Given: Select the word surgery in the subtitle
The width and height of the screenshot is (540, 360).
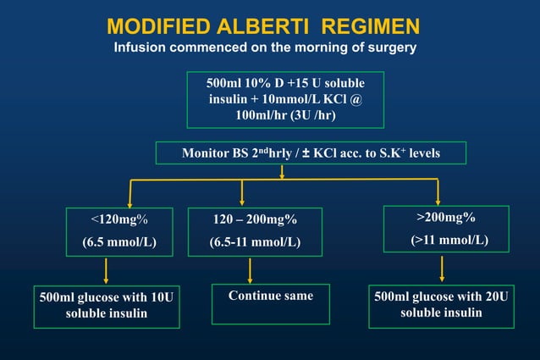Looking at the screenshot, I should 391,47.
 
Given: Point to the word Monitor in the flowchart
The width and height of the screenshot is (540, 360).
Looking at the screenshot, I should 205,153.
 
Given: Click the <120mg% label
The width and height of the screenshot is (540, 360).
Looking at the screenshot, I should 119,219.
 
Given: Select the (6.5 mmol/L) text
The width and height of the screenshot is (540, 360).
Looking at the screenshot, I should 119,241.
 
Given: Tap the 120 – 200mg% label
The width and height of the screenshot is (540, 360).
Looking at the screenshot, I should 255,219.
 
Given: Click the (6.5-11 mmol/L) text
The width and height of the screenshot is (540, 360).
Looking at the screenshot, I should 255,241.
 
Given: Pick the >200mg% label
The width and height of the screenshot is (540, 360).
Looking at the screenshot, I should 446,217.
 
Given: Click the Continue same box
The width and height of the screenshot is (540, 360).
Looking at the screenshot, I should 270,296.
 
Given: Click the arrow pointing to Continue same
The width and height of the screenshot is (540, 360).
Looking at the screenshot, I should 251,270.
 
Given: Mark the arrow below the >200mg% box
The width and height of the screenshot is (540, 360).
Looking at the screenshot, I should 442,268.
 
